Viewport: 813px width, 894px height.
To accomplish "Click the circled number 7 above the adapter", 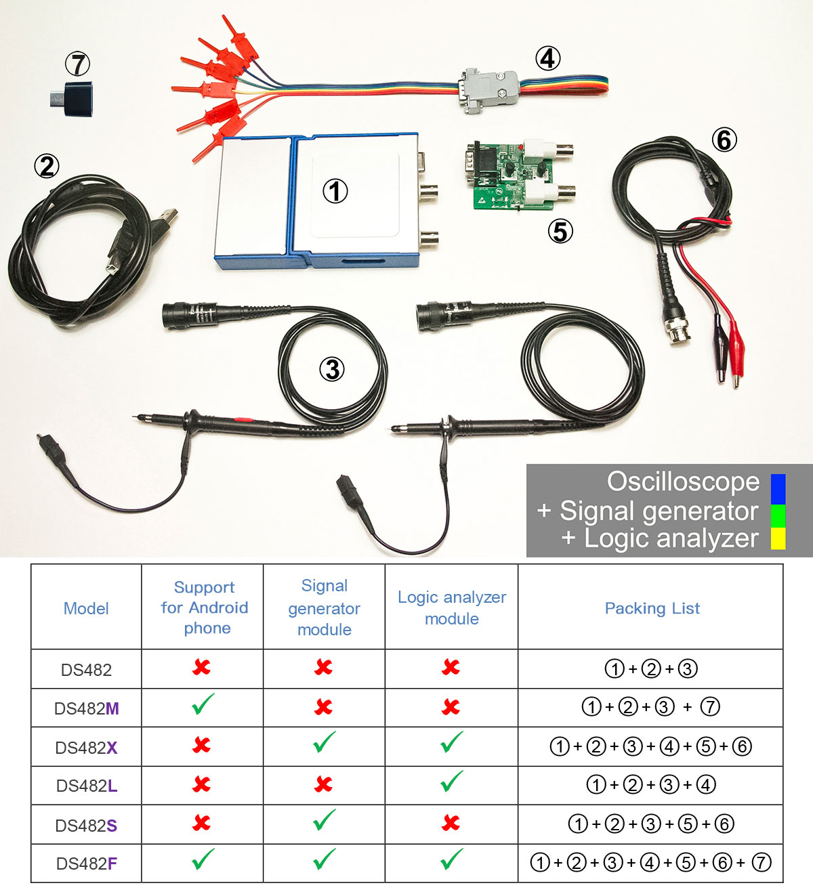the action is (x=78, y=64).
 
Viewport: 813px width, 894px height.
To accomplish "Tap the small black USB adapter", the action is (x=72, y=99).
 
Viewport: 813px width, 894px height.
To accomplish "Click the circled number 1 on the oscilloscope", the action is (x=335, y=191).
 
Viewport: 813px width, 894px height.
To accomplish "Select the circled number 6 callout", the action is (x=724, y=140).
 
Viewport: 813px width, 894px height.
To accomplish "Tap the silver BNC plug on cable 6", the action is (x=677, y=328).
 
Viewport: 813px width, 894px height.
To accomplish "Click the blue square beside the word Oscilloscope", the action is (x=778, y=489).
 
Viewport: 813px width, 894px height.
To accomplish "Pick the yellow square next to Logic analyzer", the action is (x=778, y=538).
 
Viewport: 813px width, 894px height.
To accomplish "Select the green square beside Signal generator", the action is (x=778, y=515).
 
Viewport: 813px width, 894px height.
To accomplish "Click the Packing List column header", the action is (x=652, y=608).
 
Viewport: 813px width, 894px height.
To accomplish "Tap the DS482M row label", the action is (x=87, y=708).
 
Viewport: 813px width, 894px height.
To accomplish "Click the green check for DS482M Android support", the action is (x=203, y=704).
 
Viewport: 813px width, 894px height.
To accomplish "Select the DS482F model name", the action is (x=87, y=864).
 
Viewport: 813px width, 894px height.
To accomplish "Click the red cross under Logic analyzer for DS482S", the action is (x=451, y=823).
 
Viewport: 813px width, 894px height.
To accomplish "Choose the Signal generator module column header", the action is (x=325, y=608).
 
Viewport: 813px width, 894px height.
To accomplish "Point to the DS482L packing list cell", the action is (x=650, y=785).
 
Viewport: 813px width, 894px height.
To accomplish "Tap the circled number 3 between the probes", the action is (x=332, y=369).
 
